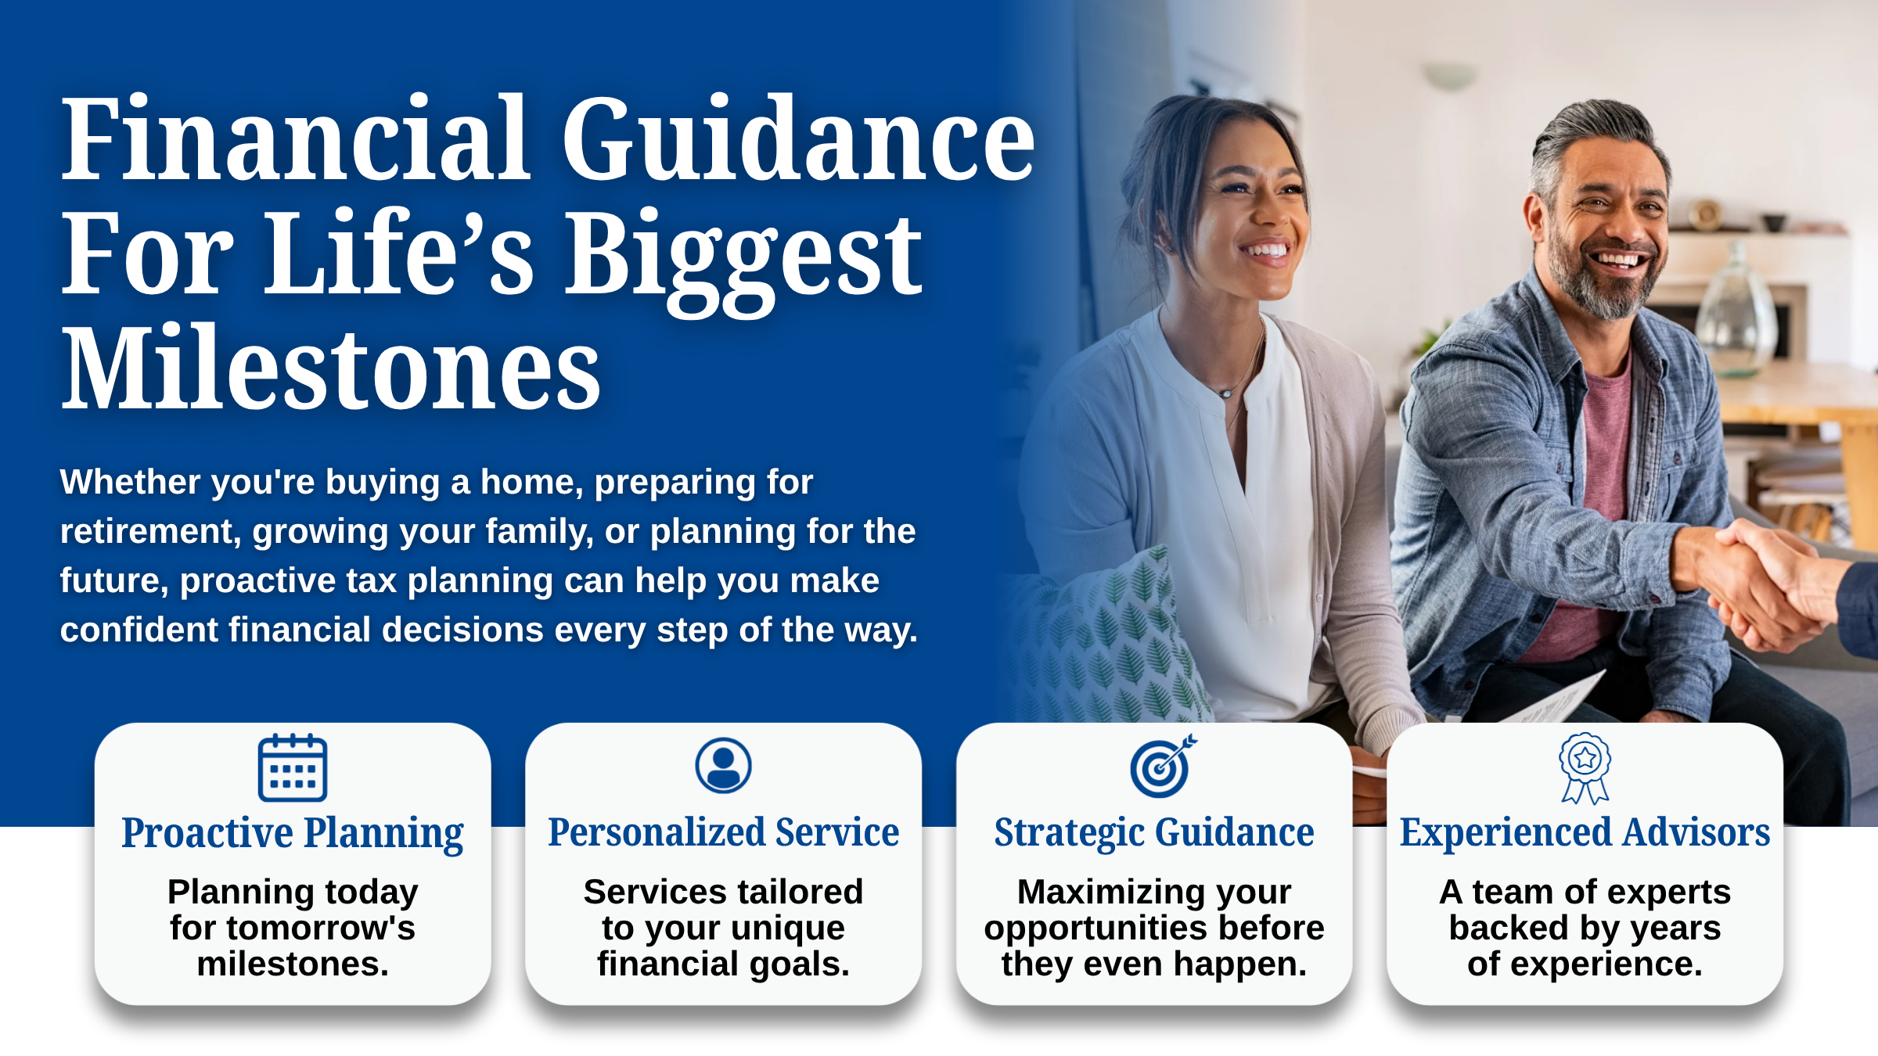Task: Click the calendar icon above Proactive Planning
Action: point(293,767)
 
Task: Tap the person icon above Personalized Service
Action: point(723,765)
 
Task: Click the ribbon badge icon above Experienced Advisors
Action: point(1585,768)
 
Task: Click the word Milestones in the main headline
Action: point(331,368)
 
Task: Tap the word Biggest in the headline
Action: point(743,258)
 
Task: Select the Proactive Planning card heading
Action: point(293,833)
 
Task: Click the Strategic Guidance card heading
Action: point(1154,833)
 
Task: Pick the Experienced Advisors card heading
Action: point(1585,833)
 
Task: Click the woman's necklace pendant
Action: point(1225,393)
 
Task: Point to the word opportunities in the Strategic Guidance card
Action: point(1095,929)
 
